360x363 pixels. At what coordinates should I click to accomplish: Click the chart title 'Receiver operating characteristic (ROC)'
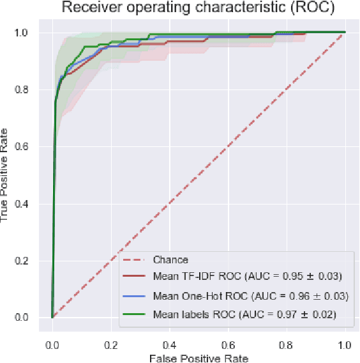(x=191, y=8)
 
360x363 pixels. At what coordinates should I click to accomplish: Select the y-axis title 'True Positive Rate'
(x=6, y=174)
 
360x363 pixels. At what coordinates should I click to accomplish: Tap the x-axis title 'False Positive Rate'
(x=198, y=357)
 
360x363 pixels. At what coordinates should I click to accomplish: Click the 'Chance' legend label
(x=170, y=260)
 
